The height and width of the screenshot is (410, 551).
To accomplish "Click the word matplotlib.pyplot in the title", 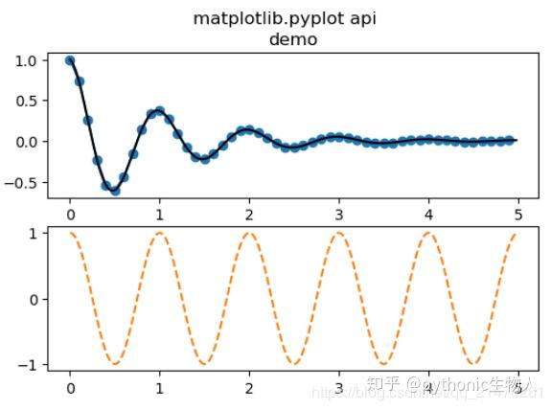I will (256, 18).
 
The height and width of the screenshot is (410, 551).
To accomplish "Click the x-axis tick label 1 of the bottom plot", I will (159, 390).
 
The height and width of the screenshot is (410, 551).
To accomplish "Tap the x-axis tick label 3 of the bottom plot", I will (338, 390).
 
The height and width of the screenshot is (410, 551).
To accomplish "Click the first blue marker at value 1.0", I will (70, 60).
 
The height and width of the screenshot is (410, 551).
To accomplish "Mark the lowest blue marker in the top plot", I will (115, 191).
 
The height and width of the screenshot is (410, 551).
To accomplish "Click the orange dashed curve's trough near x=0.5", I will (115, 364).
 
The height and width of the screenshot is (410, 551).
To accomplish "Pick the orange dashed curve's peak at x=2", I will (249, 234).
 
